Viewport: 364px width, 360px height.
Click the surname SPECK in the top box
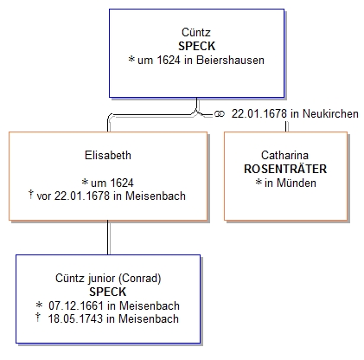(x=196, y=46)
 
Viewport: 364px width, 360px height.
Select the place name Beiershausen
(x=230, y=60)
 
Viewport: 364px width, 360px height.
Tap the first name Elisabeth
(x=108, y=155)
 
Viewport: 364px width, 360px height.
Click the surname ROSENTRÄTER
(x=285, y=169)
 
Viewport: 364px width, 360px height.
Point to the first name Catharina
(x=284, y=155)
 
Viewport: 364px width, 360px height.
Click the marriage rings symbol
(x=220, y=114)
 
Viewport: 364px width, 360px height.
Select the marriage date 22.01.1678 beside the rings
(x=259, y=113)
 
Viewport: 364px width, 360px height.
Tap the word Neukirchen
(x=330, y=113)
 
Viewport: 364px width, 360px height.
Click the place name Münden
(x=297, y=183)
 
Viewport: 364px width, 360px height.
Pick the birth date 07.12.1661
(x=76, y=305)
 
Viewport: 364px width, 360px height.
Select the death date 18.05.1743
(x=75, y=318)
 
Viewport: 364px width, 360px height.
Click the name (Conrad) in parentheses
(x=140, y=279)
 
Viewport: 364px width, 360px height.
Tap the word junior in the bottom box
(x=100, y=279)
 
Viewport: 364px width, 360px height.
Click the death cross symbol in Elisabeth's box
(x=31, y=194)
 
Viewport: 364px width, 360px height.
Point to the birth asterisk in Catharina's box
(x=259, y=182)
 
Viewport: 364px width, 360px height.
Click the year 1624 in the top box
(x=169, y=60)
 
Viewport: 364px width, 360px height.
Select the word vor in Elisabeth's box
(x=44, y=196)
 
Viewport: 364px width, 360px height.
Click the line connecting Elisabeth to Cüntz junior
(x=108, y=238)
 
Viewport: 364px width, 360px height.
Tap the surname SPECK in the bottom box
(x=108, y=292)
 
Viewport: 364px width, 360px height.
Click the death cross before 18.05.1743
(x=37, y=317)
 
